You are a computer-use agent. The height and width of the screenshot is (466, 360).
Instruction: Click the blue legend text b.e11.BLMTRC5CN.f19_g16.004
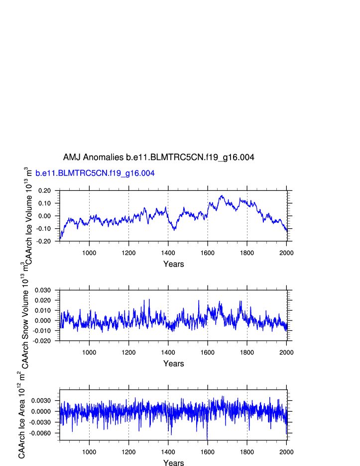pos(95,173)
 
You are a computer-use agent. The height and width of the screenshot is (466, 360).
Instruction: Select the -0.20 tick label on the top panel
pos(44,241)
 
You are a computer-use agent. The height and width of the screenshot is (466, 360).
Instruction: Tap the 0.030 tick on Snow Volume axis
pos(43,290)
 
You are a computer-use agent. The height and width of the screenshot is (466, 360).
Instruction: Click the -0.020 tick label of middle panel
pos(43,341)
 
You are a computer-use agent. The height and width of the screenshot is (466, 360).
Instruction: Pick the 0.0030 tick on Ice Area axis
pos(41,400)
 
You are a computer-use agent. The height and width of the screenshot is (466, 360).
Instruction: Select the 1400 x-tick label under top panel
pos(168,252)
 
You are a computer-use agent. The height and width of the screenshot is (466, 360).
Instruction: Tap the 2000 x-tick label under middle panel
pos(286,352)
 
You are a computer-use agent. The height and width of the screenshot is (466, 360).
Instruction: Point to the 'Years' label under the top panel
pos(173,264)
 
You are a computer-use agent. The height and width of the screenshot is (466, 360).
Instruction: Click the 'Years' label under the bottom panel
pos(173,463)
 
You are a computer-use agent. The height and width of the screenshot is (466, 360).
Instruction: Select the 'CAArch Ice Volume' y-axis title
pos(29,215)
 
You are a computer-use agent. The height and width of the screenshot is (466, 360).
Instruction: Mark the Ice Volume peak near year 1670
pos(222,196)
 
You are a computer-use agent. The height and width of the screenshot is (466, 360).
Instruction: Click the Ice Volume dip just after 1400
pos(174,229)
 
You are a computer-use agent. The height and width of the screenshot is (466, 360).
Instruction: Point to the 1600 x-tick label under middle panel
pos(207,352)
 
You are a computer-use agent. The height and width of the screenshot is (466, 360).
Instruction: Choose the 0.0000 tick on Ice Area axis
pos(41,411)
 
